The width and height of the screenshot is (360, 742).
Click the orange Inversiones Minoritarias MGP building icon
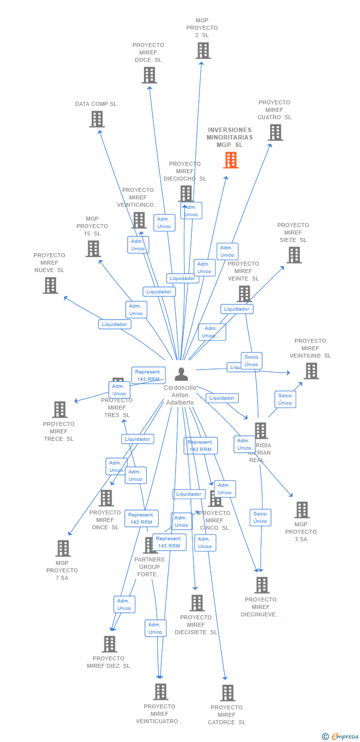(230, 160)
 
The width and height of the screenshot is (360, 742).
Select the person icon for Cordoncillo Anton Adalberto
(181, 374)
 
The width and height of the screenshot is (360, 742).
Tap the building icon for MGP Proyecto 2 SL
(203, 50)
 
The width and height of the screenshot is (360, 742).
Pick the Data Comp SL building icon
(97, 119)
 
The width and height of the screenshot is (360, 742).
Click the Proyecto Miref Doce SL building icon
(149, 75)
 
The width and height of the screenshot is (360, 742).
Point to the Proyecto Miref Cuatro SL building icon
(275, 133)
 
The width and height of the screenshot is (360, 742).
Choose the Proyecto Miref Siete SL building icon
(294, 255)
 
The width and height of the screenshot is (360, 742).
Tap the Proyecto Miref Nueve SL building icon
(50, 285)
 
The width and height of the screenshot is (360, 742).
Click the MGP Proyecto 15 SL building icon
(93, 249)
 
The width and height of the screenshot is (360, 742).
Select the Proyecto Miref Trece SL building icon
(60, 410)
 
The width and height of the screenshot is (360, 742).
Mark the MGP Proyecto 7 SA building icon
(63, 549)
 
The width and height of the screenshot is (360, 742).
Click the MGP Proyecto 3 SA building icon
(302, 510)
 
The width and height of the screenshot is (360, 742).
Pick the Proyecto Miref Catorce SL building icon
(227, 693)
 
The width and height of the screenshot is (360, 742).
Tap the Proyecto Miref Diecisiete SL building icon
(197, 603)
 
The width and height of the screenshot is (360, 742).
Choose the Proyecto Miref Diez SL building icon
(109, 644)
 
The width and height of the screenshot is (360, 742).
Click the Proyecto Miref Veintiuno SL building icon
(311, 371)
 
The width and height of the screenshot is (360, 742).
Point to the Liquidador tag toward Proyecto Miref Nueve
(115, 325)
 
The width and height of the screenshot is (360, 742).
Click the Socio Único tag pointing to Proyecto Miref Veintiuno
(285, 399)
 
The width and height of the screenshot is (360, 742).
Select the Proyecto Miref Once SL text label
(105, 520)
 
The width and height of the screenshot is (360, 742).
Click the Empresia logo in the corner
(341, 737)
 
